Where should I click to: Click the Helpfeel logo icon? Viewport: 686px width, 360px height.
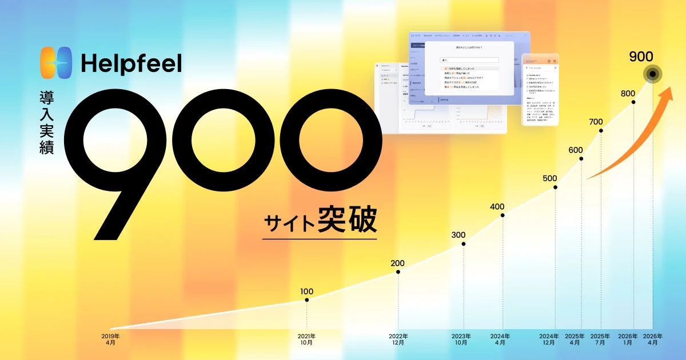tap(57, 62)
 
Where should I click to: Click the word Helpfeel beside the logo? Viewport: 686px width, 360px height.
tap(131, 63)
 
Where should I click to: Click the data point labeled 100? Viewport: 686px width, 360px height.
tap(307, 300)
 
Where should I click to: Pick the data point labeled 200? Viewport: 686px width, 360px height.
tap(398, 272)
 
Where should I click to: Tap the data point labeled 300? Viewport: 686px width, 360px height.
tap(464, 244)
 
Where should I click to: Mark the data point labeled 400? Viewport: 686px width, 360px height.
tap(502, 215)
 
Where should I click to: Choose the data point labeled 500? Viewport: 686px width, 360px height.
tap(555, 187)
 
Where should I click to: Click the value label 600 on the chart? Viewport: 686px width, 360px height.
tap(576, 150)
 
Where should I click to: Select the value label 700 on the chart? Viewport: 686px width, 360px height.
tap(596, 122)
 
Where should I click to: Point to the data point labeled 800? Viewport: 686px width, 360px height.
tap(633, 102)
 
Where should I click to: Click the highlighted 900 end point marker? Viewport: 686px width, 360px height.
tap(652, 74)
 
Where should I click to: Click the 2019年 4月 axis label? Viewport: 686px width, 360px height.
tap(110, 339)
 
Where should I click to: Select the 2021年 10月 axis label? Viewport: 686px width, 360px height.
tap(306, 339)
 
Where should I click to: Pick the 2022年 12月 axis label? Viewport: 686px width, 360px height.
tap(398, 339)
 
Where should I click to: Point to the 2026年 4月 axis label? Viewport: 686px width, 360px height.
tap(652, 339)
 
